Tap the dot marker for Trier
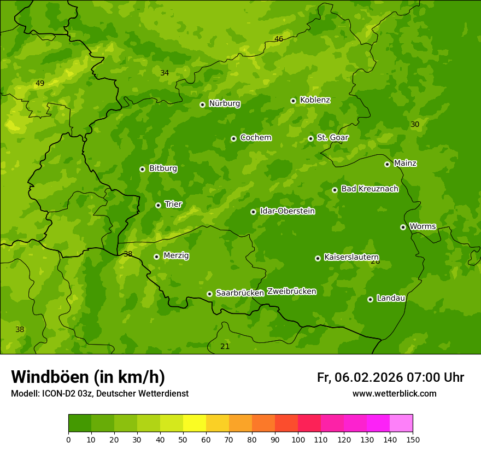[159, 205]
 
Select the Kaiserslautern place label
[351, 257]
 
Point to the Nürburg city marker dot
[202, 104]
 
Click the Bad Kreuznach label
[369, 189]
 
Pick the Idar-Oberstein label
[287, 211]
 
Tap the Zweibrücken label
[291, 292]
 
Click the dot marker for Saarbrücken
[209, 294]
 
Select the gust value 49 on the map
[40, 84]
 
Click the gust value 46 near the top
[279, 39]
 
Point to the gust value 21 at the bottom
[225, 346]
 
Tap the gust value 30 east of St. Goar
[415, 125]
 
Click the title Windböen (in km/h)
[88, 377]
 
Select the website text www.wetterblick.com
[394, 394]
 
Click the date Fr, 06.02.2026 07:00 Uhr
[390, 377]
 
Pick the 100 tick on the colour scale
[298, 440]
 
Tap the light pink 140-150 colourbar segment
[401, 423]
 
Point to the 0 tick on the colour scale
[68, 440]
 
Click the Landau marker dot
[370, 299]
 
